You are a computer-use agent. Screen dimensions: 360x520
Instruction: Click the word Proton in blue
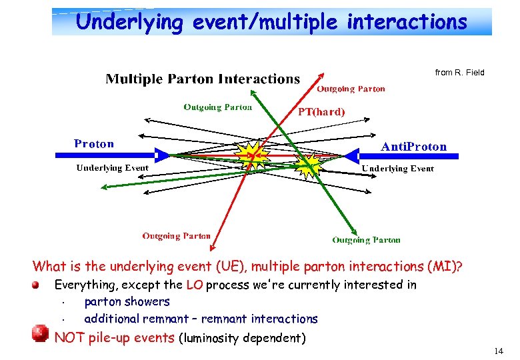click(94, 143)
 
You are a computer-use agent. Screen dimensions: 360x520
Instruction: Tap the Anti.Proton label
click(413, 146)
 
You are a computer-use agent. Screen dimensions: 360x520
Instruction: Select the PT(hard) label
click(321, 112)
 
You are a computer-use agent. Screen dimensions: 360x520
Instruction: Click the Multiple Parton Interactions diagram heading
click(203, 79)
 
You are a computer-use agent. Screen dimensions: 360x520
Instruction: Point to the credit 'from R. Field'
click(459, 72)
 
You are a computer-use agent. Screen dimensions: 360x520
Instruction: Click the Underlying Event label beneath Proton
click(112, 168)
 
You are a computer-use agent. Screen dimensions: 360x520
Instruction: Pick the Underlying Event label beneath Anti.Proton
click(397, 169)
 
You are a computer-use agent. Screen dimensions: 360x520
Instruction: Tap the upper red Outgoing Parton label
click(351, 89)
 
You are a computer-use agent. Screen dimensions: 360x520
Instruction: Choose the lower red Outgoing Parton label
click(176, 236)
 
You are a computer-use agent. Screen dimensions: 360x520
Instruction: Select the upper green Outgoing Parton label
click(218, 107)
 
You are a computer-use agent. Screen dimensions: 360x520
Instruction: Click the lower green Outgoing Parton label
click(367, 240)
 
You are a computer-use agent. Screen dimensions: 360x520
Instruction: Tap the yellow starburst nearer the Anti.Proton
click(309, 165)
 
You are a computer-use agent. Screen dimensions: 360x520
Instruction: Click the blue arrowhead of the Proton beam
click(162, 155)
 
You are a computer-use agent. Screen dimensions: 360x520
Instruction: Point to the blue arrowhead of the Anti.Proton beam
click(351, 156)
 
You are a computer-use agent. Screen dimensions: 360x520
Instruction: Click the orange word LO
click(194, 285)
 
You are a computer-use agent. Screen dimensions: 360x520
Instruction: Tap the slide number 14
click(499, 351)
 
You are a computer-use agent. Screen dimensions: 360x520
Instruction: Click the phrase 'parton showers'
click(127, 302)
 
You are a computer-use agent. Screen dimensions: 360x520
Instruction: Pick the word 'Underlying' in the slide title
click(129, 22)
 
